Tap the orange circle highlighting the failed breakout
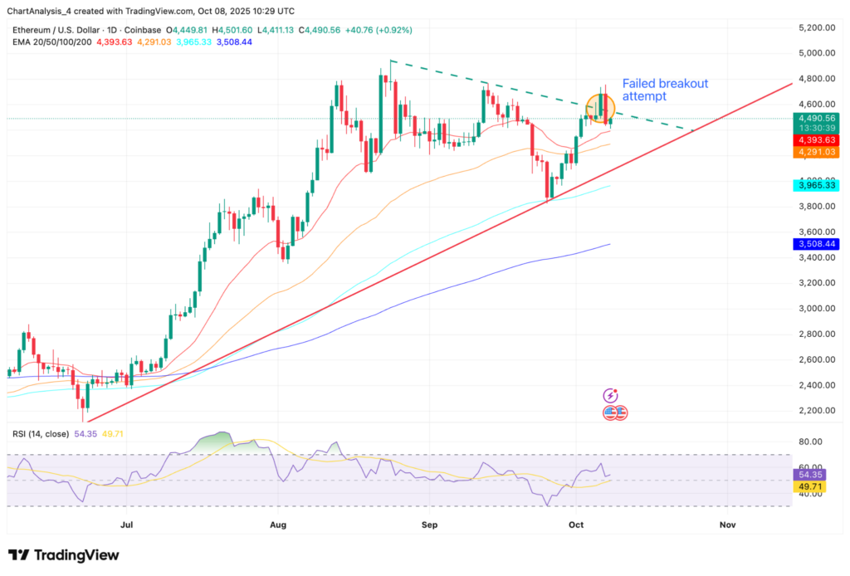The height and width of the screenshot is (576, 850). click(600, 106)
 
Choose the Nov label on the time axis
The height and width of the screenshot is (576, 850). click(727, 525)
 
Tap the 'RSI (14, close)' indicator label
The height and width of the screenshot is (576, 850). click(42, 435)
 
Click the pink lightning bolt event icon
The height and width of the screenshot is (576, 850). click(612, 396)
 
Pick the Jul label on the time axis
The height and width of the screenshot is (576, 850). click(127, 525)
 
